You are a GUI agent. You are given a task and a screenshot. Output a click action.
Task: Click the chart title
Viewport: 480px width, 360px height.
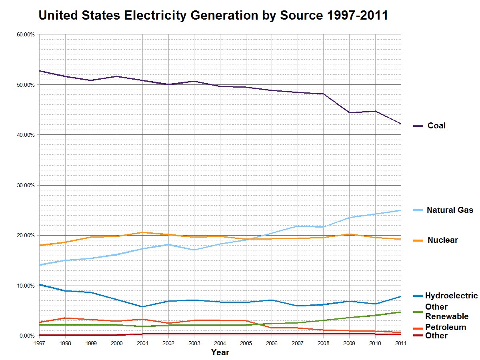click(x=213, y=16)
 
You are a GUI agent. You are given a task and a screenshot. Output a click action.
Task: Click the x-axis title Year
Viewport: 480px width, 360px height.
click(x=220, y=352)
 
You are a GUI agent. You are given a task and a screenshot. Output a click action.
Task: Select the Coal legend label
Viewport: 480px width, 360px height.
click(x=436, y=126)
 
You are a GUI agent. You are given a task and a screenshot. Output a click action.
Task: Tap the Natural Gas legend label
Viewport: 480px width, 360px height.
click(x=450, y=210)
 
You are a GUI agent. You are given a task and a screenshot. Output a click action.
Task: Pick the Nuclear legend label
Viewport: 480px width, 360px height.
click(x=442, y=240)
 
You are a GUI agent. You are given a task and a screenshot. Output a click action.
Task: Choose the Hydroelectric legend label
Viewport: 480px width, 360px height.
click(x=451, y=296)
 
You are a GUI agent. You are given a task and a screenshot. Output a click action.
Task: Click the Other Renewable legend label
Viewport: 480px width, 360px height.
click(x=446, y=312)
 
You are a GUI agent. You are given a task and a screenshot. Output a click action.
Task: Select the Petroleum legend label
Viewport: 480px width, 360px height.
click(x=445, y=327)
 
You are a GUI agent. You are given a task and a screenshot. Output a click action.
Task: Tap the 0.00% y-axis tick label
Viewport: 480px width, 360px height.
click(x=27, y=336)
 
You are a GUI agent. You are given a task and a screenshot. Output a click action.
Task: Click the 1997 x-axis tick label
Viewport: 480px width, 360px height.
click(x=39, y=343)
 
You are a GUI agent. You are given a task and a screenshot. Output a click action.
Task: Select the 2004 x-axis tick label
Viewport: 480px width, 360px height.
click(x=220, y=343)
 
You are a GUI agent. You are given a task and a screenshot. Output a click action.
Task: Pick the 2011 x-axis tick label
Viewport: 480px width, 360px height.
click(x=400, y=343)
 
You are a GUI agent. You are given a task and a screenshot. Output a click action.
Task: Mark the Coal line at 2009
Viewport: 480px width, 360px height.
click(x=349, y=112)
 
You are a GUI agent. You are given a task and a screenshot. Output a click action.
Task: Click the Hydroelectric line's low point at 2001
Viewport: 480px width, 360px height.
click(x=142, y=307)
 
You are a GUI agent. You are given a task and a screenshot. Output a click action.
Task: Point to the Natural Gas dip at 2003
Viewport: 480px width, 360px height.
click(x=194, y=250)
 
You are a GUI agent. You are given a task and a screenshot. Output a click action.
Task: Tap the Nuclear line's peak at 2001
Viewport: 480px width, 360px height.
click(x=142, y=232)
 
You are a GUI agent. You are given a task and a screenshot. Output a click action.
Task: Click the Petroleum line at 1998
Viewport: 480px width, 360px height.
click(x=65, y=318)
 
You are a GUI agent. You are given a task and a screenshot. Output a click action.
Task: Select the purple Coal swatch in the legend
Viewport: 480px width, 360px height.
click(x=418, y=126)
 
